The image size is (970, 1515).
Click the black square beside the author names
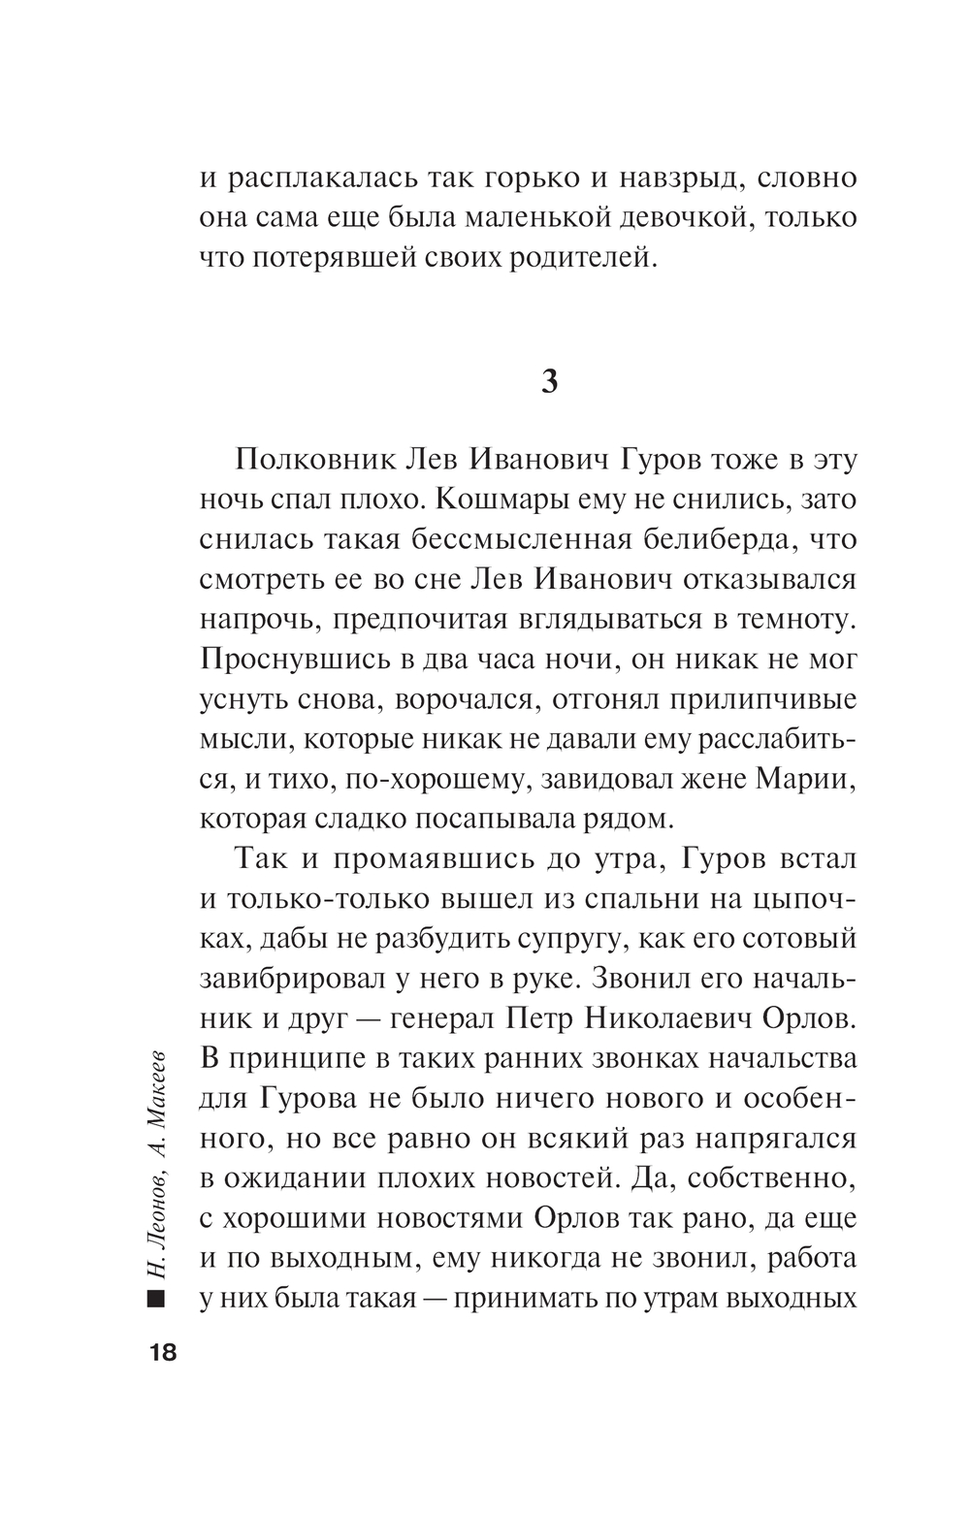click(156, 1300)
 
